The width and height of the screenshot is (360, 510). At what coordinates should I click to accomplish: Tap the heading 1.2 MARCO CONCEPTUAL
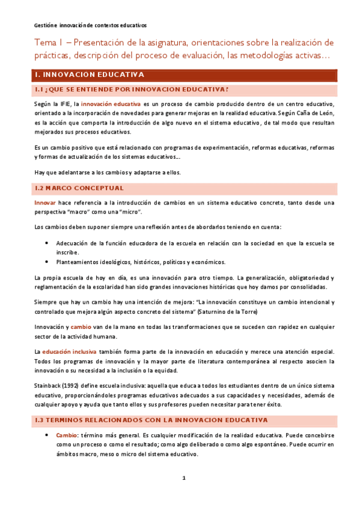pyautogui.click(x=82, y=188)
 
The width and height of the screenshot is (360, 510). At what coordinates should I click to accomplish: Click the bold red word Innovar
pyautogui.click(x=45, y=203)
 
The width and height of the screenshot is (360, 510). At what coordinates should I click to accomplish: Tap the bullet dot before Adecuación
pyautogui.click(x=47, y=243)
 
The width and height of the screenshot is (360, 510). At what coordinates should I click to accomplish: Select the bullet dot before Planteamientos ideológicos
pyautogui.click(x=47, y=262)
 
